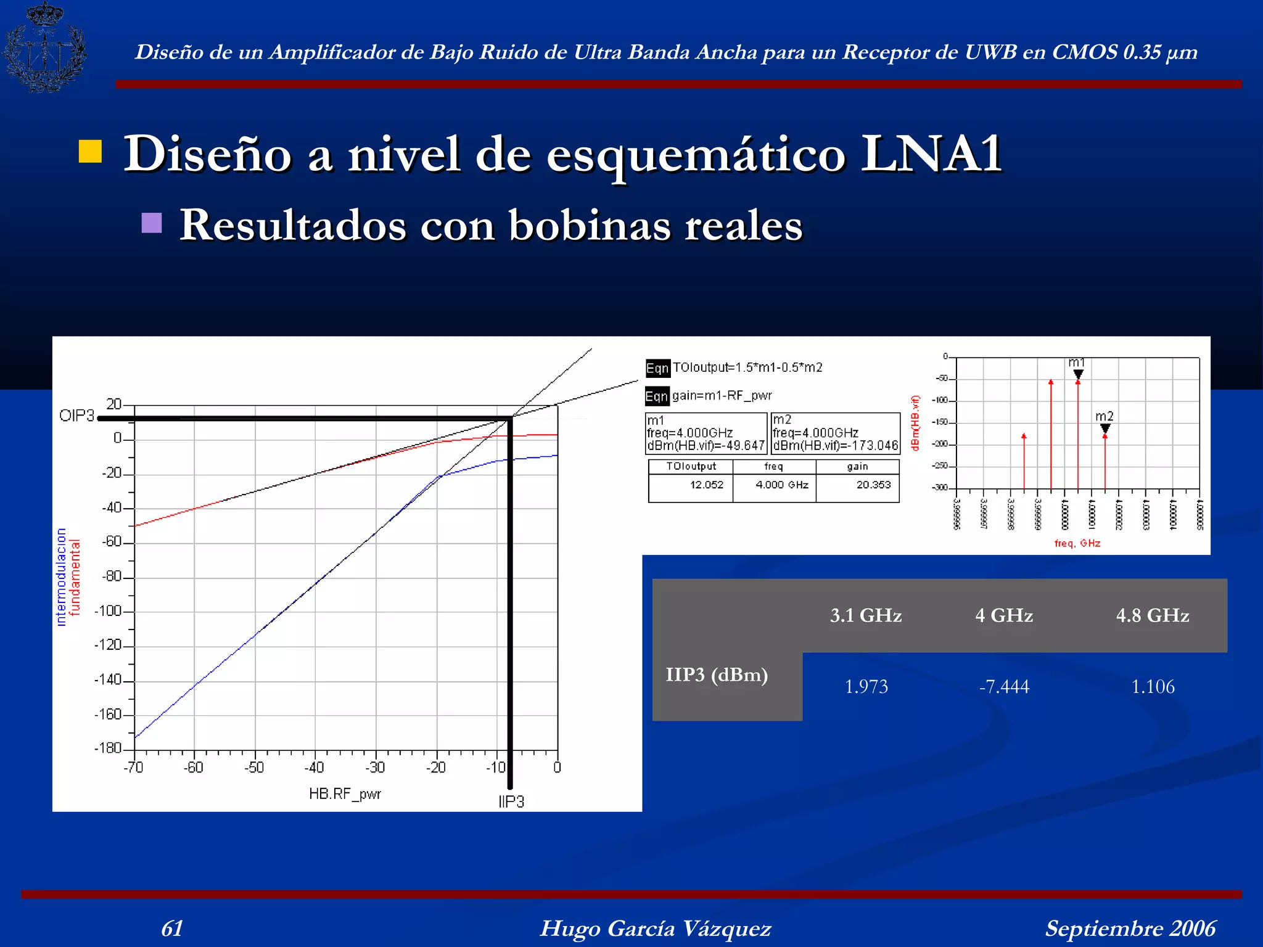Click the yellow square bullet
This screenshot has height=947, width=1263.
point(91,152)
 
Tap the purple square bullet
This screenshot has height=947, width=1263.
point(152,223)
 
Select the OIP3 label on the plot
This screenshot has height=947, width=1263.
point(76,416)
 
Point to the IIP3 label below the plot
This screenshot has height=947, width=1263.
point(511,801)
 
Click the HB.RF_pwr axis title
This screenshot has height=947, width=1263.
point(345,794)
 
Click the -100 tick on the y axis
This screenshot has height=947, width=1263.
point(109,611)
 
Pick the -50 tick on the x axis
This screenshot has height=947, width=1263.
point(254,768)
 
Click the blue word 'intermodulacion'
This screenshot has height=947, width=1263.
point(61,577)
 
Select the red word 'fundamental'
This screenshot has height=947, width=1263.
point(75,578)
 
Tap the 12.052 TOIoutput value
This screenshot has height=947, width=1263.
point(706,485)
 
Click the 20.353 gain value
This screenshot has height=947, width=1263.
point(873,485)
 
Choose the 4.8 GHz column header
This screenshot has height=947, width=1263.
point(1153,615)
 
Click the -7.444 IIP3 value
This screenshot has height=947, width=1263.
point(1004,686)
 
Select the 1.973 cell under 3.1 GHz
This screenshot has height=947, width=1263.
point(866,686)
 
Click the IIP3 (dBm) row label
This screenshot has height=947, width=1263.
point(717,674)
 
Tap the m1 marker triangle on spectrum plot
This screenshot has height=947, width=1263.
point(1078,374)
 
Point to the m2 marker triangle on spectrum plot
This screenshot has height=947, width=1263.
point(1105,428)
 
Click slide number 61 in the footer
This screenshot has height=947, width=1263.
point(172,928)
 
